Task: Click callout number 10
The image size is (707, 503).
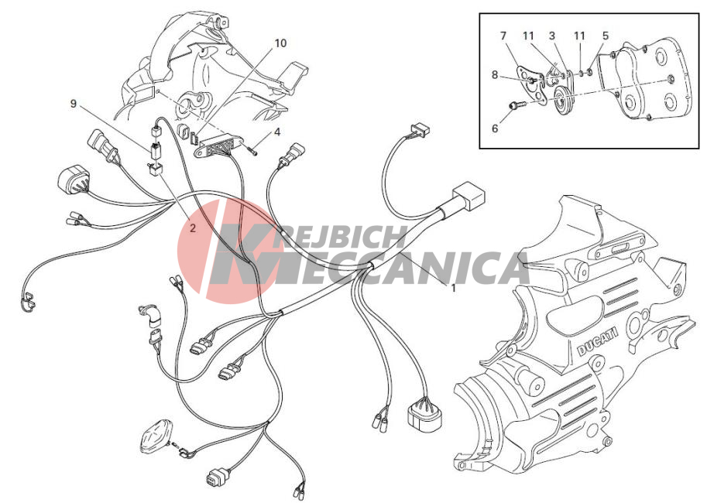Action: click(280, 43)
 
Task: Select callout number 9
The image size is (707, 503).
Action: click(74, 104)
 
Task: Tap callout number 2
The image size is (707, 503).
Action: click(193, 228)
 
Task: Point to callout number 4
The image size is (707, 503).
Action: click(277, 132)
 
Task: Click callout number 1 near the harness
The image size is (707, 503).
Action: click(454, 288)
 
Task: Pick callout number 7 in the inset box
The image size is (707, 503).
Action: click(503, 36)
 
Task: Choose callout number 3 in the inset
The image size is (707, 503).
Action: click(552, 36)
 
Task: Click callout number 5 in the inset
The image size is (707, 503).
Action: click(606, 36)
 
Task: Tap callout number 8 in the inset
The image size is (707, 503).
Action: click(495, 74)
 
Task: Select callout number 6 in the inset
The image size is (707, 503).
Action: click(495, 128)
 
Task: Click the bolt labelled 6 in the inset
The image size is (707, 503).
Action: click(517, 105)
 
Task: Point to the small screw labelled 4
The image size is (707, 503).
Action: click(252, 151)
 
